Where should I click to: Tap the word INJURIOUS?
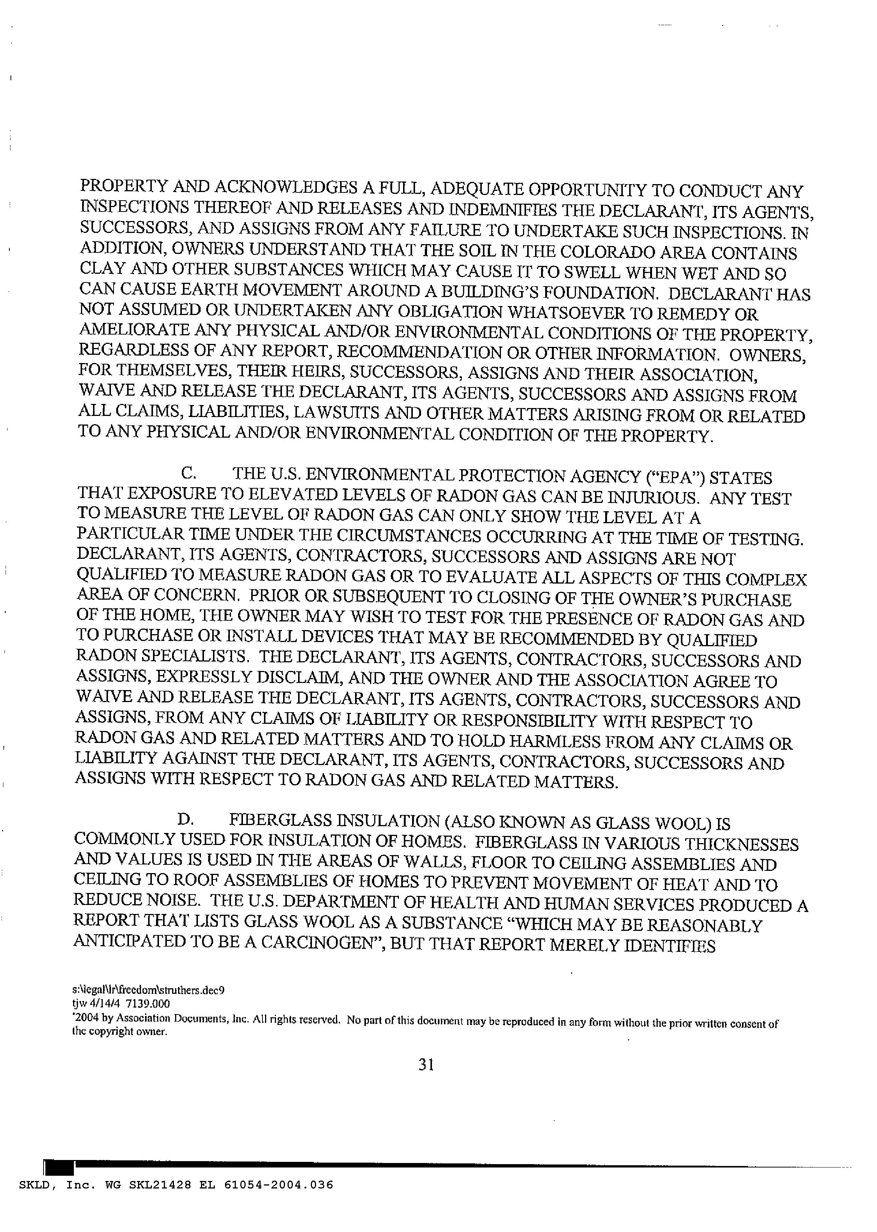point(651,497)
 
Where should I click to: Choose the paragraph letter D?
point(185,819)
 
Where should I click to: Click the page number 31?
point(426,1065)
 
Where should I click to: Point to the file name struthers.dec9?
point(193,990)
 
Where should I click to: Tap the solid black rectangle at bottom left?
point(58,1167)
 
